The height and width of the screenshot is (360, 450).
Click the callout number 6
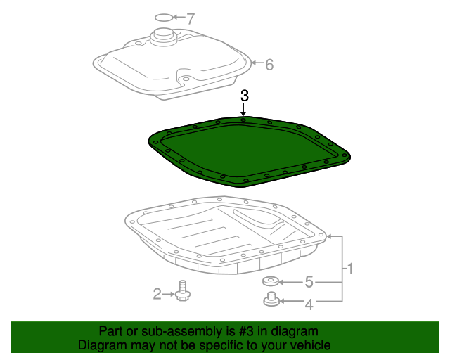coord(269,65)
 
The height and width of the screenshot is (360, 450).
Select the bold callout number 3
coord(244,96)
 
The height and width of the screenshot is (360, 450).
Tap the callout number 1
coord(349,268)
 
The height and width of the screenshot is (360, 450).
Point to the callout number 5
coord(308,283)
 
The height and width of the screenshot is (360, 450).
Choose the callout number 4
coord(308,304)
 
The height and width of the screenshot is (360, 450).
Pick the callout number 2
coord(157,294)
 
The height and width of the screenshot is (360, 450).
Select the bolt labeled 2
coord(183,291)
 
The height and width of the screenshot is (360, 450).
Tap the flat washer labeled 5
coord(271,282)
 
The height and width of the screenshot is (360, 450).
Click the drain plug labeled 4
coord(270,301)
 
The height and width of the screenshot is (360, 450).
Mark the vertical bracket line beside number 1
coord(342,268)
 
